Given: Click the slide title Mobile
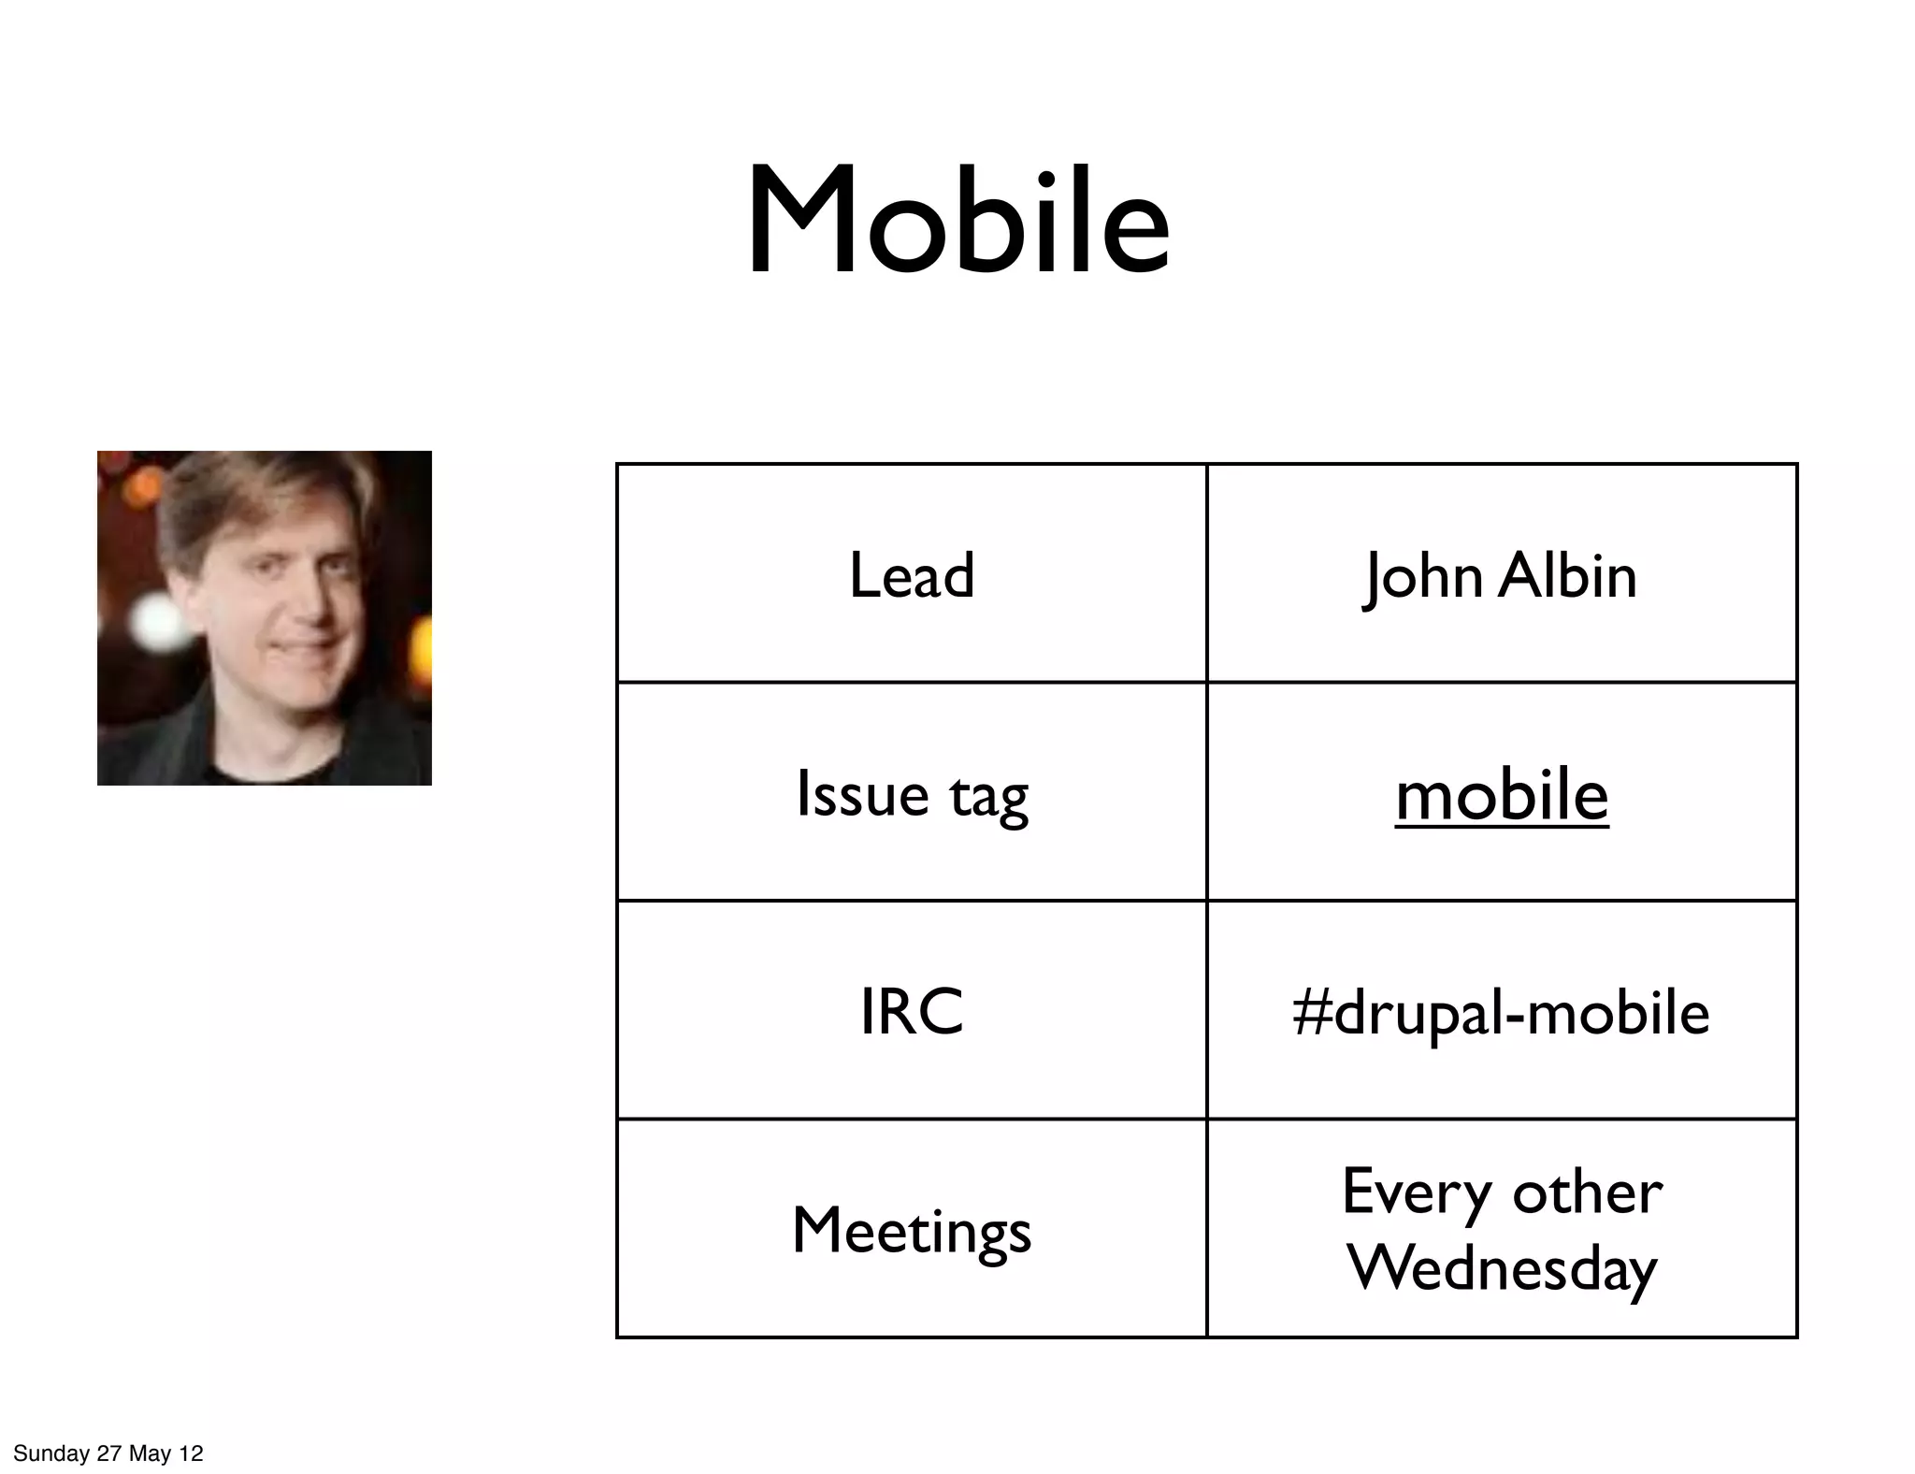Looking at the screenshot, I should coord(957,221).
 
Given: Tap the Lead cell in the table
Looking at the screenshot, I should coord(912,574).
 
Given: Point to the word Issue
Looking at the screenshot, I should coord(862,794).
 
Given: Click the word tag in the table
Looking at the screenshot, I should coord(988,797).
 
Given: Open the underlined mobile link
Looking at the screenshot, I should coord(1502,795).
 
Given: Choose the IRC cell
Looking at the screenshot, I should coord(912,1012).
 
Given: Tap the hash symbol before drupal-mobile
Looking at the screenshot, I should coord(1311,1013).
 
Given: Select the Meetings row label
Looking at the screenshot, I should coord(912,1231).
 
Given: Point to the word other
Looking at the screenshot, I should coord(1587,1192).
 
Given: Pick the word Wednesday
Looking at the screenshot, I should coord(1502,1269).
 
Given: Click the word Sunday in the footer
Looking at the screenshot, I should coord(51,1453).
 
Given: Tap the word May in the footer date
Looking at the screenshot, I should coord(149,1453).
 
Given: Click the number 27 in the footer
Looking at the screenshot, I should coord(109,1453).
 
